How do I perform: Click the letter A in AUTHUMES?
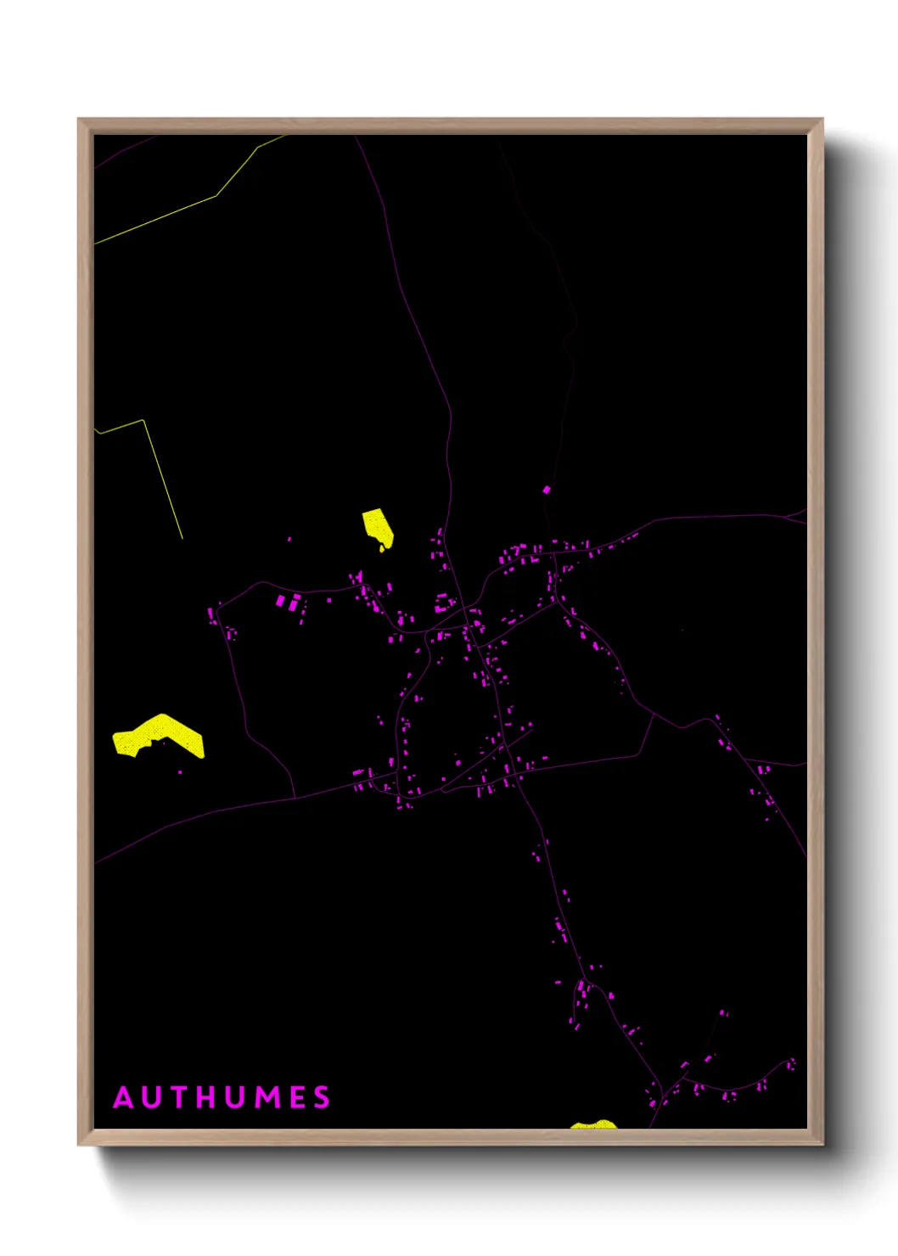click(124, 1097)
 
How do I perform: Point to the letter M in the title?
click(268, 1097)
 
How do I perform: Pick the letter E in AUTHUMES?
click(297, 1097)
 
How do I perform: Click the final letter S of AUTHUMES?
click(322, 1097)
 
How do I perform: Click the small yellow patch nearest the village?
click(378, 527)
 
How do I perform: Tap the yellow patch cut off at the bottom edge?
click(593, 1124)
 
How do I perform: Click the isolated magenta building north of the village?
click(547, 490)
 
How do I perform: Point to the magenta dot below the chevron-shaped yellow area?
click(180, 772)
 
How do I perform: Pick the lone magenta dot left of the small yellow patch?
click(289, 539)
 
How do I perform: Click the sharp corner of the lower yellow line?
click(144, 420)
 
